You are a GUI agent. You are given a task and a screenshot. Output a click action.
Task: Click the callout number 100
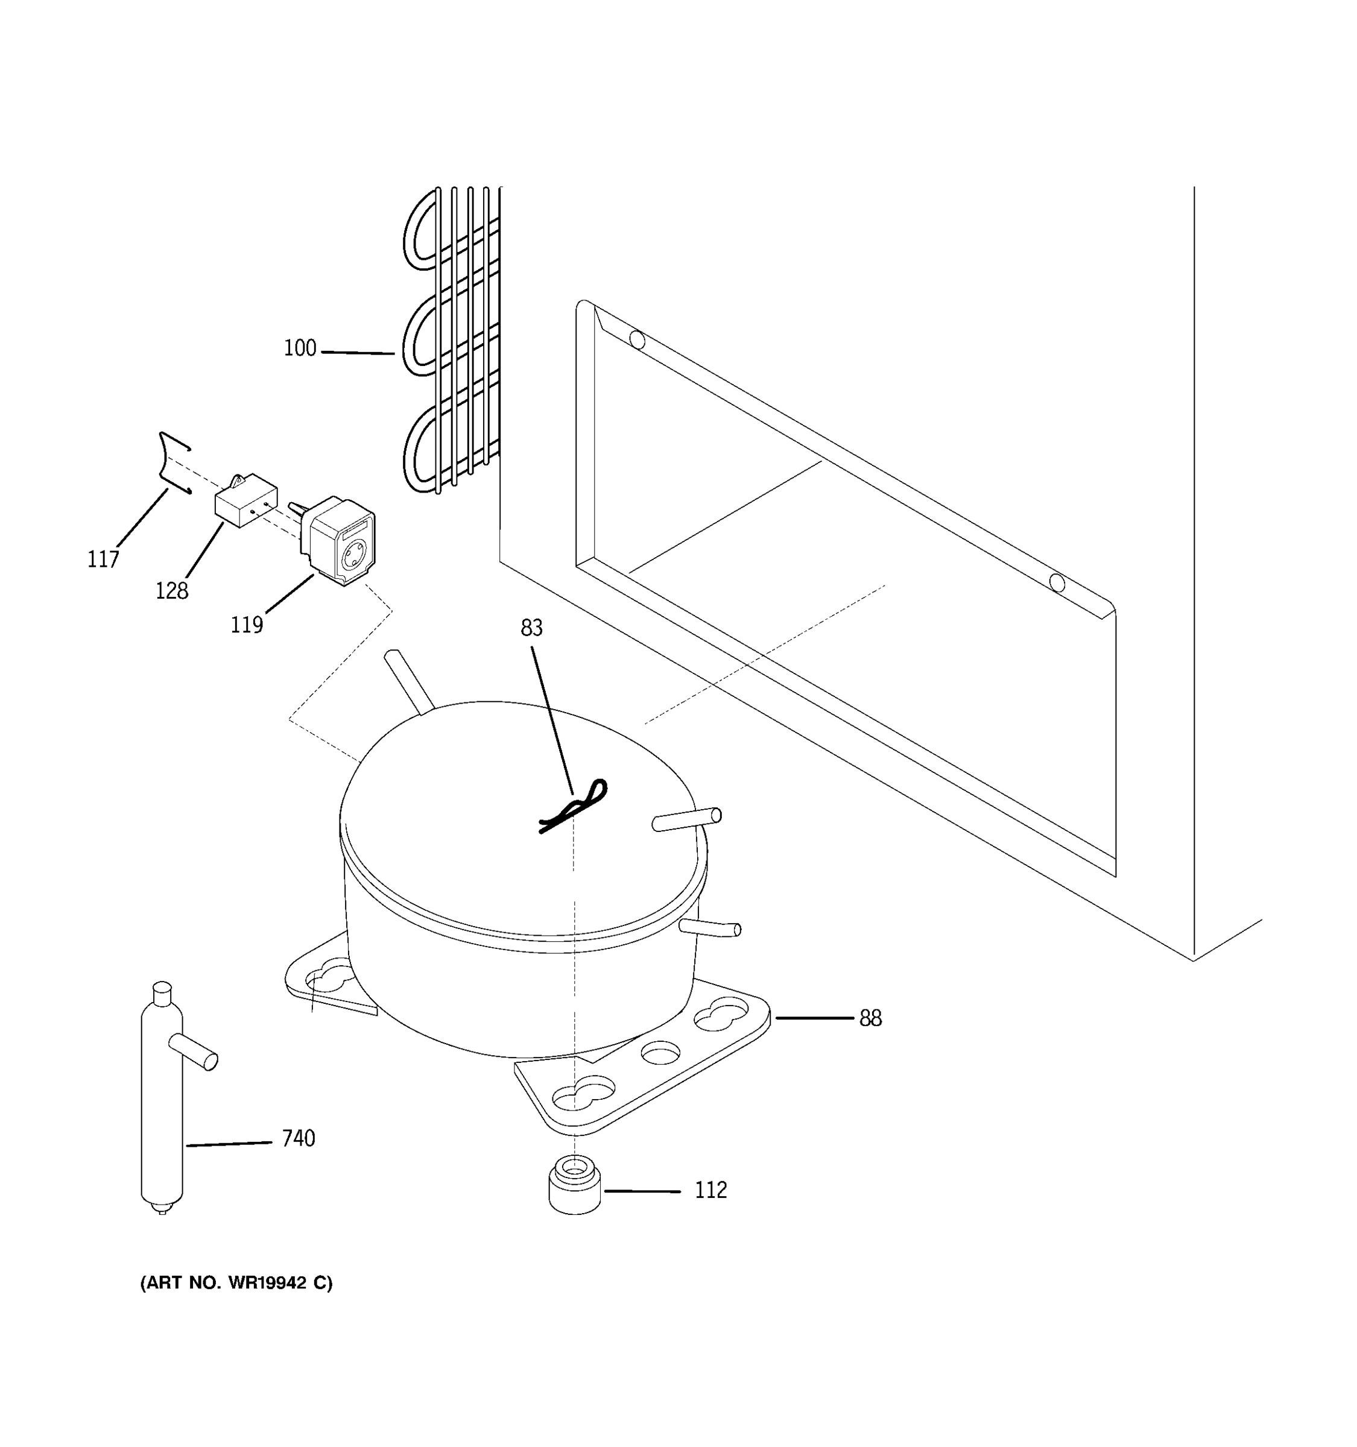pyautogui.click(x=300, y=348)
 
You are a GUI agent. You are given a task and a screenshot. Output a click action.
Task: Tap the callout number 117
pyautogui.click(x=103, y=559)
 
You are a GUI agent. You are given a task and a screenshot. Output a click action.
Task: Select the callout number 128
pyautogui.click(x=172, y=590)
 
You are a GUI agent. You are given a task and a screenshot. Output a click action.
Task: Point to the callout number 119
pyautogui.click(x=246, y=625)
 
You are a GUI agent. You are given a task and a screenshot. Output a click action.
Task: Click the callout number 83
pyautogui.click(x=531, y=628)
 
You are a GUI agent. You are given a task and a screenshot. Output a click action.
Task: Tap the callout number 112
pyautogui.click(x=710, y=1190)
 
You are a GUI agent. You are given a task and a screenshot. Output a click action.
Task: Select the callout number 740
pyautogui.click(x=299, y=1138)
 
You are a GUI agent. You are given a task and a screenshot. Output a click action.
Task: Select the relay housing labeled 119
pyautogui.click(x=341, y=540)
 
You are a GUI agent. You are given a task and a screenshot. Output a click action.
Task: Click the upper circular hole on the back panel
pyautogui.click(x=637, y=340)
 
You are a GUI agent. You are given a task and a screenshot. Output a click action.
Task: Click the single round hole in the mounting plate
pyautogui.click(x=660, y=1051)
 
